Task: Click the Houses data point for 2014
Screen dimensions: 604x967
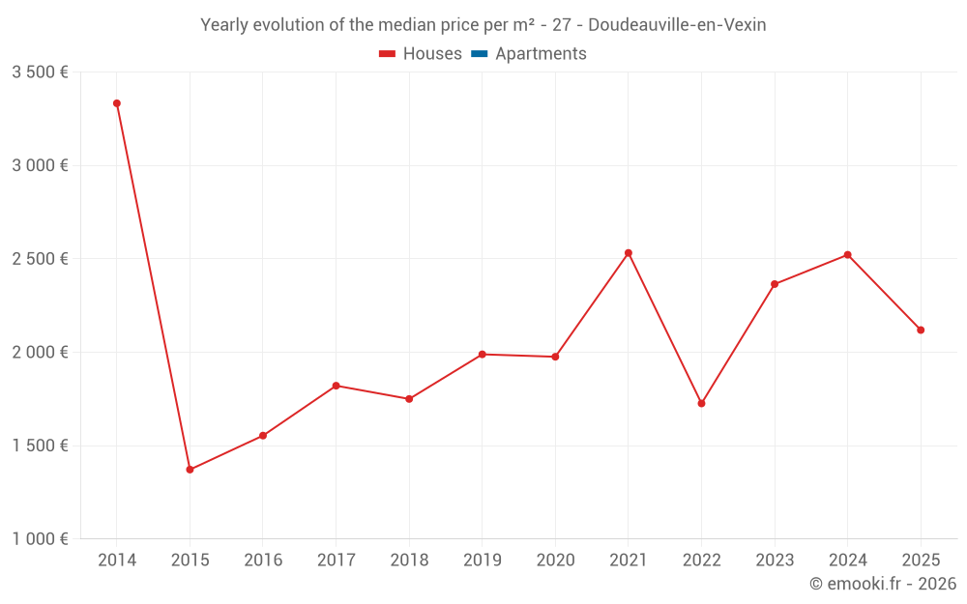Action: (117, 103)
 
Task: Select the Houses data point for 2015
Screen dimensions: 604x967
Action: (190, 470)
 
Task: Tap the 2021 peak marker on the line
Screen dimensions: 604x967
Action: (629, 253)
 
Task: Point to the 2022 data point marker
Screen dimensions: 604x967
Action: (701, 403)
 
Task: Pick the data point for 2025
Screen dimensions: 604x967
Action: (921, 331)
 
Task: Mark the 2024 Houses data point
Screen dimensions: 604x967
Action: (847, 255)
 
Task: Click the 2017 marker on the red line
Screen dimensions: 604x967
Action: (336, 386)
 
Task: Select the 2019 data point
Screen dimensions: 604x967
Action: (482, 355)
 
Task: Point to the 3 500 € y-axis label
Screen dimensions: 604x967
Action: (40, 72)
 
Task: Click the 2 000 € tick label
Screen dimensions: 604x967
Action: (40, 353)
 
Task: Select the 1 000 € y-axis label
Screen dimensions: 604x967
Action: (40, 539)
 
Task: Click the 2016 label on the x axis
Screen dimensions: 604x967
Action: (263, 561)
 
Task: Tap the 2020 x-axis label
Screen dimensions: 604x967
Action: (555, 561)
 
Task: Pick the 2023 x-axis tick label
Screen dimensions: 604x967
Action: (775, 561)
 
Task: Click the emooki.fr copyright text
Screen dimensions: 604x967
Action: (882, 584)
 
